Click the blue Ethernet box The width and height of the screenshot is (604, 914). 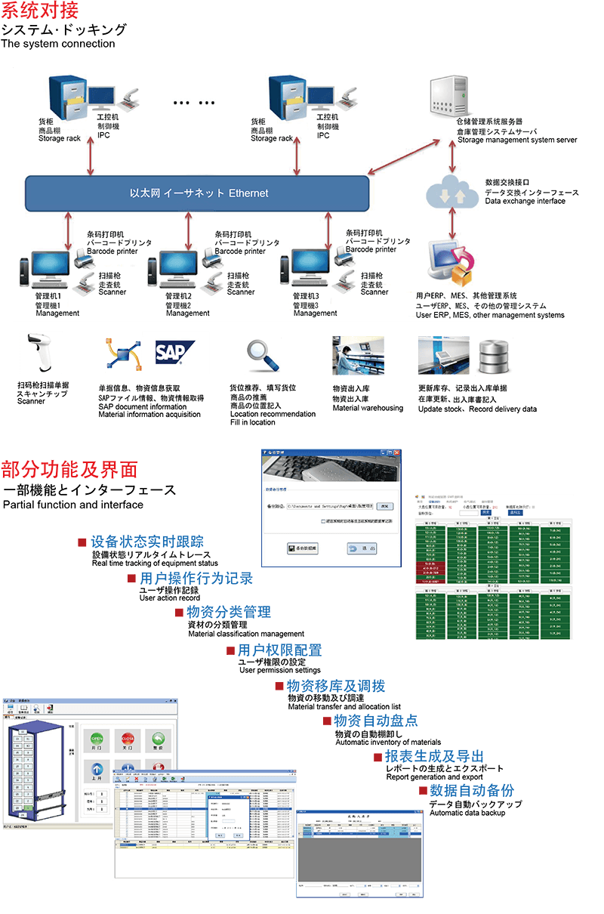tap(197, 193)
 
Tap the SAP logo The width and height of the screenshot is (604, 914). tap(175, 353)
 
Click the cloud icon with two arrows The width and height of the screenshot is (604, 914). tap(452, 193)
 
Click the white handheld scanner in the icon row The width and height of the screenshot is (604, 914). tap(41, 353)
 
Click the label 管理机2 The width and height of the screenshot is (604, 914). tap(179, 295)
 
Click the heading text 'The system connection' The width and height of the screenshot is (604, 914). tap(58, 44)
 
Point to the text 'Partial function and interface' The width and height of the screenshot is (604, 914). tap(73, 505)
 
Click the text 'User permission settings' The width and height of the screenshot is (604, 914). tap(279, 670)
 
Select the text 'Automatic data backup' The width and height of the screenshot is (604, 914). tap(468, 814)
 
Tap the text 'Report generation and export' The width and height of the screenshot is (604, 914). tap(434, 777)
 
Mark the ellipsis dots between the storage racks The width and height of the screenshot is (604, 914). tap(194, 103)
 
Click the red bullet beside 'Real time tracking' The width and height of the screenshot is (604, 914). tap(82, 542)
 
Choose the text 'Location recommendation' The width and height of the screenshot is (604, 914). tap(273, 414)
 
